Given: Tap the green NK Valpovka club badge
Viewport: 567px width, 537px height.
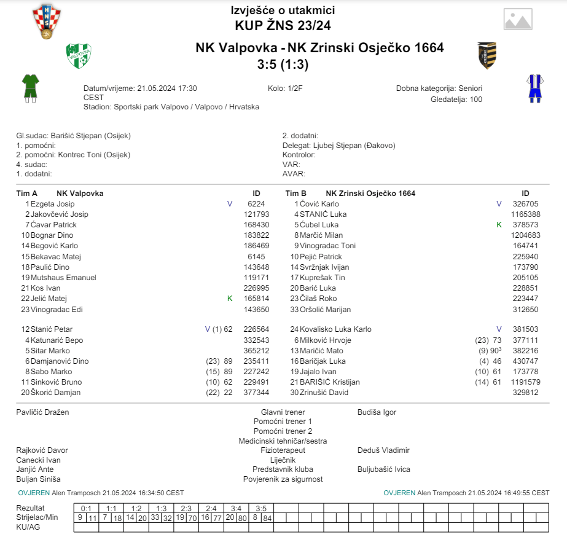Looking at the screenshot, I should [79, 56].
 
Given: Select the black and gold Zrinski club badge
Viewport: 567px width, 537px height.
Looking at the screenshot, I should [487, 55].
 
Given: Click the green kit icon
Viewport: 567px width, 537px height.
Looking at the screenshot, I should [30, 88].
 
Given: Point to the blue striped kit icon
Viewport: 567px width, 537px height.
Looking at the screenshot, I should [534, 88].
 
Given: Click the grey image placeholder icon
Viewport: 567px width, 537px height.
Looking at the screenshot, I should [517, 19].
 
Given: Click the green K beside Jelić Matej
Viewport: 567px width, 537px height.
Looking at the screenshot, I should [230, 299].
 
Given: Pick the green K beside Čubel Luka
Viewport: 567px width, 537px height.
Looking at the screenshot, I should [499, 225].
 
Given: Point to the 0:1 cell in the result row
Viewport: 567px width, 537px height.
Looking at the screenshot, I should [86, 509].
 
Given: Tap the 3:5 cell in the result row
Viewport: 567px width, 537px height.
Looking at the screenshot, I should [260, 509].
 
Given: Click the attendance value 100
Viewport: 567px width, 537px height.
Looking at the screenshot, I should [475, 99].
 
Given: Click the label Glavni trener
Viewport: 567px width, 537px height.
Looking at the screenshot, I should [283, 412].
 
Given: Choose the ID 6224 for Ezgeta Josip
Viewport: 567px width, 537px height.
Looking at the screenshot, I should [256, 204].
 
